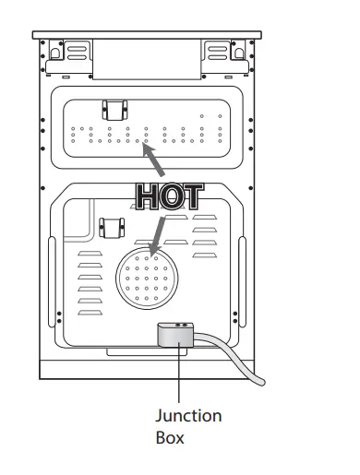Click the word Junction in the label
[187, 416]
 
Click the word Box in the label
[169, 436]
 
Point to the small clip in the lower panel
[115, 229]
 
